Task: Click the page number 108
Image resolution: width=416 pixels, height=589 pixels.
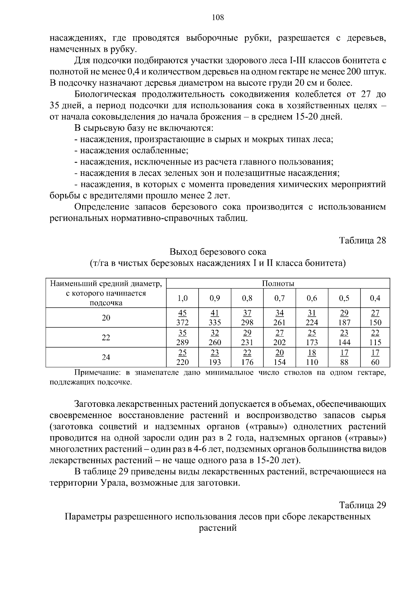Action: coord(218,17)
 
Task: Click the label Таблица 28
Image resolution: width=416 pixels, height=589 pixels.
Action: coord(362,240)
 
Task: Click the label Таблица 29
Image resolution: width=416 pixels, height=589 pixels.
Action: coord(362,505)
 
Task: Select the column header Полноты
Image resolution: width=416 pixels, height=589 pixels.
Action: coord(278,283)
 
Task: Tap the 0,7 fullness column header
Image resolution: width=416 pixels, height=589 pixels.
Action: coord(279,298)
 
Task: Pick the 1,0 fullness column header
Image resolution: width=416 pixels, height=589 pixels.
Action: coord(182,298)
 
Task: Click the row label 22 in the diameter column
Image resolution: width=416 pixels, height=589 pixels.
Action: coord(106,338)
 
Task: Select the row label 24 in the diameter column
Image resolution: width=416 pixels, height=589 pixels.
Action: coord(106,357)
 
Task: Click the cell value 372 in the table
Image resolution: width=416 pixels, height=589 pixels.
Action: coord(182,323)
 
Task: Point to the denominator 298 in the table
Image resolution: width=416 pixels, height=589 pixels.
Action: coord(247,323)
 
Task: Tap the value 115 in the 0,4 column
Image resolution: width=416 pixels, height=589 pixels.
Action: coord(375,342)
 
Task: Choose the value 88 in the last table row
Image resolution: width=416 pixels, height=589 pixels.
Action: coord(344,362)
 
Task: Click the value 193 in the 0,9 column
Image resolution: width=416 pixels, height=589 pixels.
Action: coord(215,362)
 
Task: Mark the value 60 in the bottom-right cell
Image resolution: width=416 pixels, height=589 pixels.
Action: coord(375,362)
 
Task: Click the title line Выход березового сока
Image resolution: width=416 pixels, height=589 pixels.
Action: coord(218,251)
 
